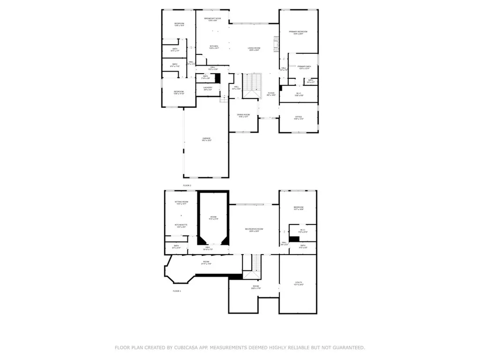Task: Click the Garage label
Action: (x=206, y=139)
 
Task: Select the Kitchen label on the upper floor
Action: (x=214, y=46)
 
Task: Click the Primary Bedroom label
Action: (x=299, y=32)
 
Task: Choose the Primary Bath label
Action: (x=304, y=67)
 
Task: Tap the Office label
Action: (x=299, y=117)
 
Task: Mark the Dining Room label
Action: (x=243, y=115)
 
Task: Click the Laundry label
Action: (x=208, y=88)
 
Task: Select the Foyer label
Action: (x=271, y=94)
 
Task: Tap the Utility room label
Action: (x=299, y=283)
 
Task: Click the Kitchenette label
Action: (x=181, y=225)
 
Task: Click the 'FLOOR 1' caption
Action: (x=177, y=291)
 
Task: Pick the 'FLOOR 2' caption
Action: (x=187, y=186)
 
